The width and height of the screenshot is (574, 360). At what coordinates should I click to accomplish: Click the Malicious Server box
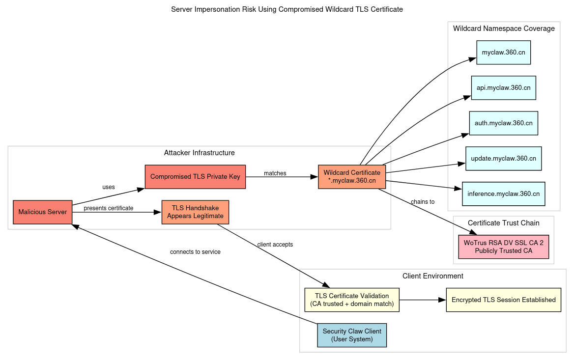42,212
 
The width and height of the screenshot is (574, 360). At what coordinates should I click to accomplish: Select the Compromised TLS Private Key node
195,177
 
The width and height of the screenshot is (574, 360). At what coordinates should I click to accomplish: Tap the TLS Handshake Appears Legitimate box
195,212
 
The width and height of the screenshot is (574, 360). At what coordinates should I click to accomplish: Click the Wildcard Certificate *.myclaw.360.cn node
352,177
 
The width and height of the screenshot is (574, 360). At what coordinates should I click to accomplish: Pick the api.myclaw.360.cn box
503,88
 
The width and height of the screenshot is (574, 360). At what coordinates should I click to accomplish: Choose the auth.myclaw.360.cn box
503,123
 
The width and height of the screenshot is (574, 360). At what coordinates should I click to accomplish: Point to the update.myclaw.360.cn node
503,159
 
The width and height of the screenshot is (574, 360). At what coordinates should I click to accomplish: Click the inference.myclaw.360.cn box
503,194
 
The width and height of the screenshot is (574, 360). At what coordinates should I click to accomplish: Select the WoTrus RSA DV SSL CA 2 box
503,247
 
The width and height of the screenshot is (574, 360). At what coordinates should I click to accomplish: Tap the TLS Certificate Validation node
352,300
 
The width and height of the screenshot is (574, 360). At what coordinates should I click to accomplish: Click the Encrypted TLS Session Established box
503,300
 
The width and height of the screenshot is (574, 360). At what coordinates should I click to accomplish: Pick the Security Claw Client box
352,335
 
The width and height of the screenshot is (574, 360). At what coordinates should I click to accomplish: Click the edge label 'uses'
109,187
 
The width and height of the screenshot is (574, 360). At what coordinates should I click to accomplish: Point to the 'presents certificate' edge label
108,208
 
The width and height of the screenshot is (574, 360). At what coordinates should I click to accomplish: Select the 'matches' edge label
275,173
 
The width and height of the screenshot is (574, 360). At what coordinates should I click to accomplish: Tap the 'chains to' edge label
423,202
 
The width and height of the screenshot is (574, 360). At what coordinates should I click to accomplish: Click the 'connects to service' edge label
195,252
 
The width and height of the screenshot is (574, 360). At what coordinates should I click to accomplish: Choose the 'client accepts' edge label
275,245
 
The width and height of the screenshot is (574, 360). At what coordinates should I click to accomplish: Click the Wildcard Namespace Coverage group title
504,28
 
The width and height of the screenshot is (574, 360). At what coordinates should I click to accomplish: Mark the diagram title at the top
287,9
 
